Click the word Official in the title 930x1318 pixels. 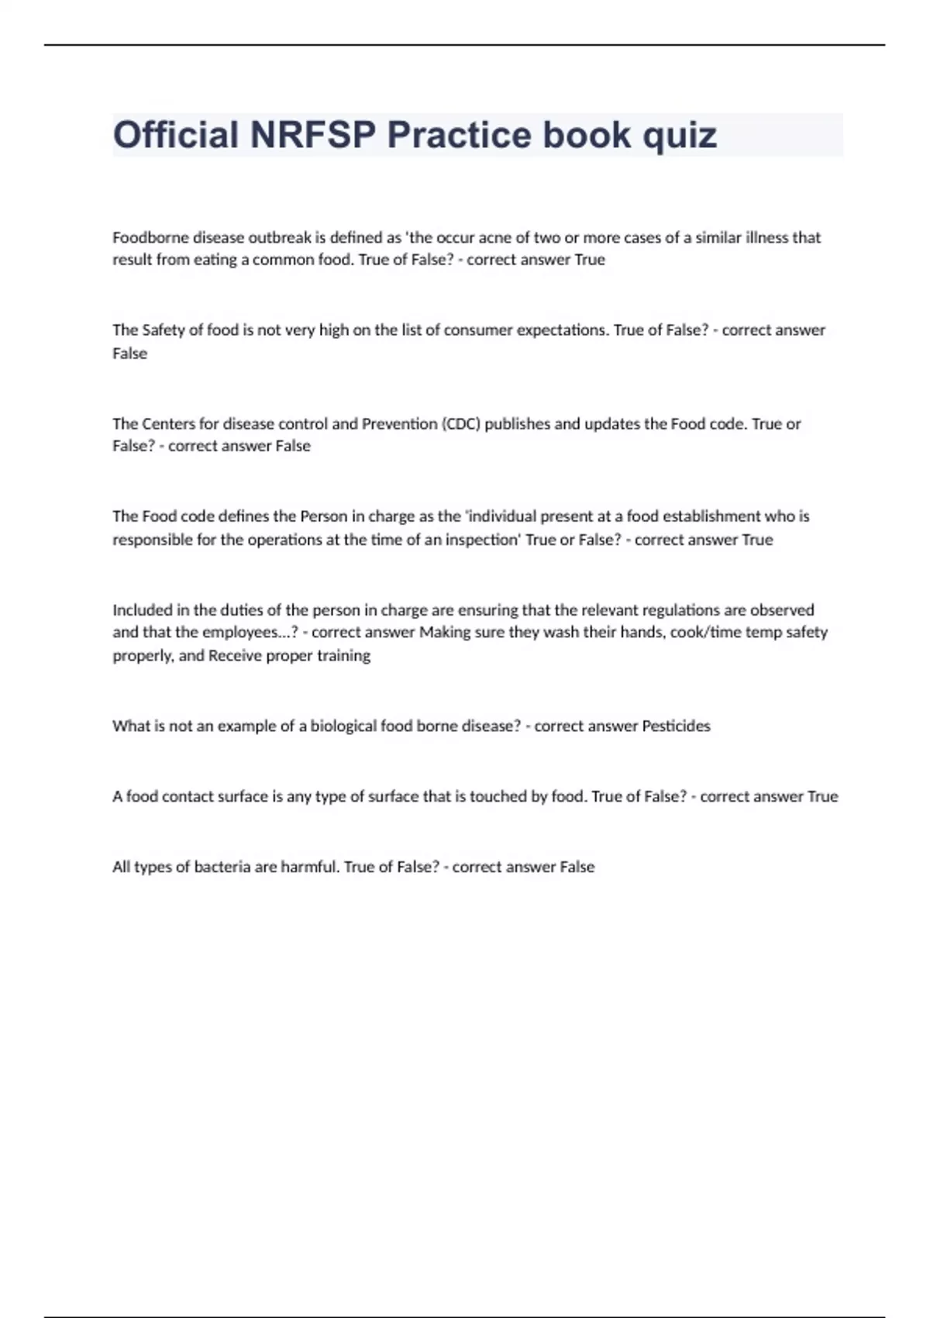click(176, 135)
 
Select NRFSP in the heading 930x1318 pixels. click(313, 135)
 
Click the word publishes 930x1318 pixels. click(518, 424)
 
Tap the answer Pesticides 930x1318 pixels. click(676, 726)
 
